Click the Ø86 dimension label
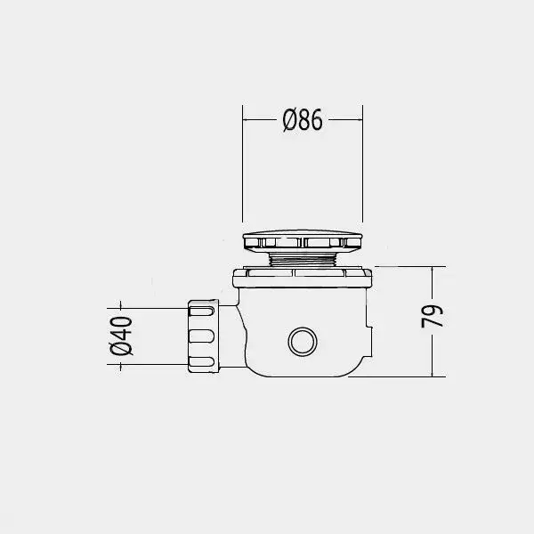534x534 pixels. [x=303, y=120]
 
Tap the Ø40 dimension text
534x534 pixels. [x=121, y=336]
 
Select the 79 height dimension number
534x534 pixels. [x=432, y=316]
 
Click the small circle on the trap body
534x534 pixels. [x=303, y=342]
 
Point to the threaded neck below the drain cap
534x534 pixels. [x=303, y=259]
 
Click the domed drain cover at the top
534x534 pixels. [x=303, y=241]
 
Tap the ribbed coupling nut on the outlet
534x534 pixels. [x=203, y=336]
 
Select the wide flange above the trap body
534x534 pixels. [x=303, y=278]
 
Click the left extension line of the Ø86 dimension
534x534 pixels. [x=242, y=164]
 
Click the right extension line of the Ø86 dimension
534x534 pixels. [x=363, y=164]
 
